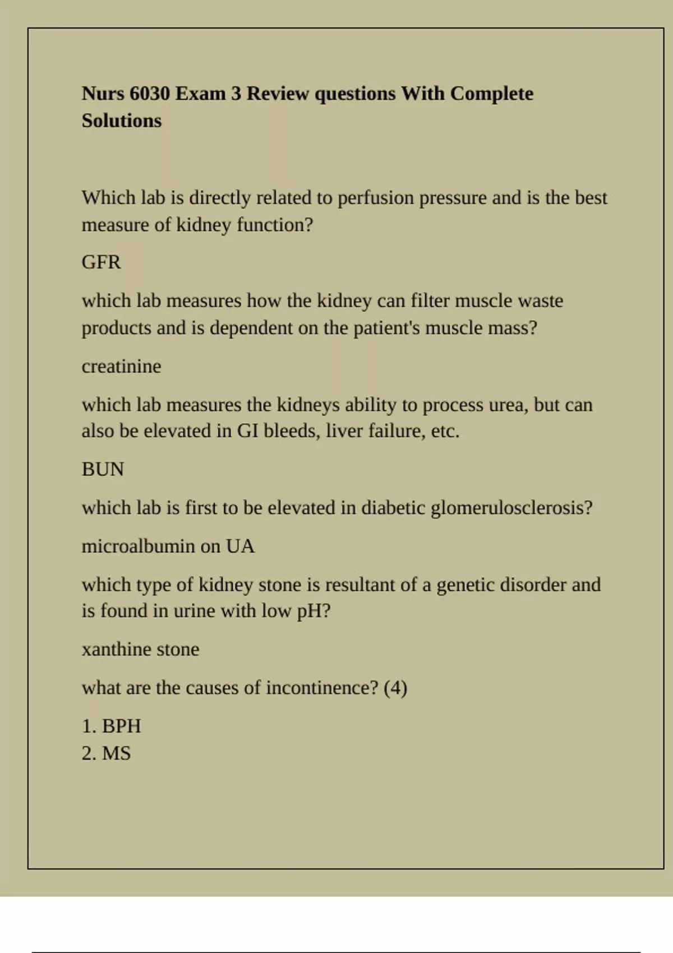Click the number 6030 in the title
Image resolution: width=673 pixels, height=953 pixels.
point(150,94)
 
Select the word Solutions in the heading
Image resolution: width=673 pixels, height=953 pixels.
point(122,121)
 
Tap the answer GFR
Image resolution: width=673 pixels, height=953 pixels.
point(101,262)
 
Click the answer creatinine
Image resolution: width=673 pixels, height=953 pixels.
point(121,367)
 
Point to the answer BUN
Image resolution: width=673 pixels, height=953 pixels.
point(103,469)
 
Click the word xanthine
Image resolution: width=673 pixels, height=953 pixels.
point(116,650)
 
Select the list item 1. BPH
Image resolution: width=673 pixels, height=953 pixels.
point(111,727)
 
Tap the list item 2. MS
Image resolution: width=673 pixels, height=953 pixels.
point(106,753)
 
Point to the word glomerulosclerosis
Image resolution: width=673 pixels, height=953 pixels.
point(511,508)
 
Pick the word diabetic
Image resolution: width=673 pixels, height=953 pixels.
point(393,508)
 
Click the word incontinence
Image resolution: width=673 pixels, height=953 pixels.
point(322,688)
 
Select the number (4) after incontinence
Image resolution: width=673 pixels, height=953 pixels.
point(395,688)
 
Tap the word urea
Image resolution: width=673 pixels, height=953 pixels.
point(508,405)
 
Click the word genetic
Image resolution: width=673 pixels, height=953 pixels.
point(465,585)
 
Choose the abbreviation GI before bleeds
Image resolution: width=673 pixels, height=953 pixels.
point(247,431)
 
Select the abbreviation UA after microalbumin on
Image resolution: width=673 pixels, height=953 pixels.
point(240,547)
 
